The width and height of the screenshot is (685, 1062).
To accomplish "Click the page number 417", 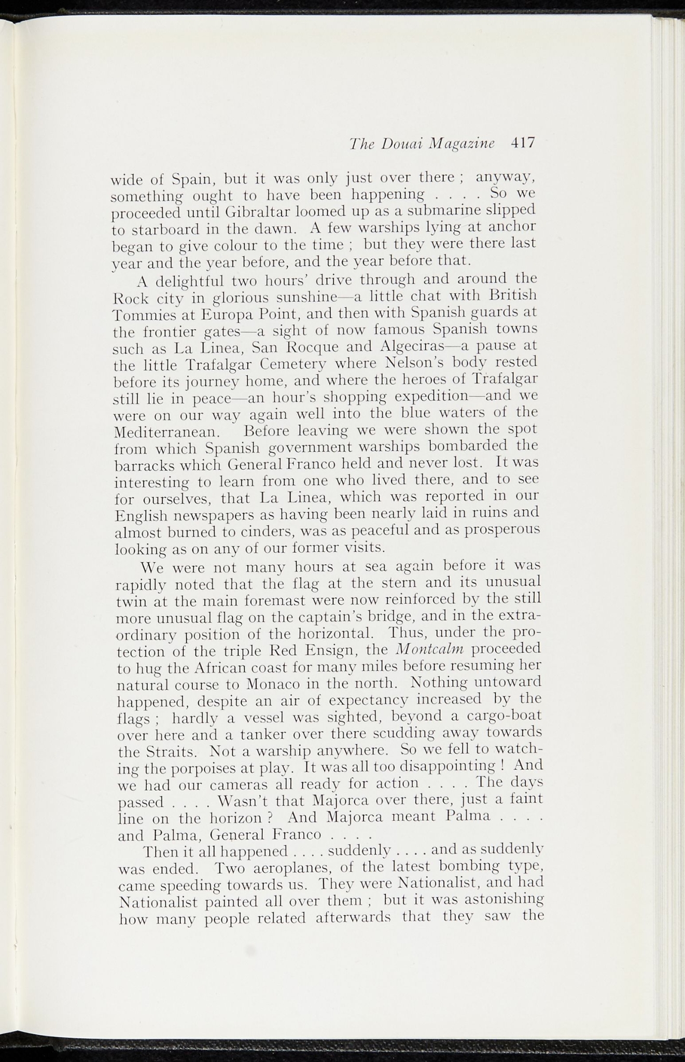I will point(522,143).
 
